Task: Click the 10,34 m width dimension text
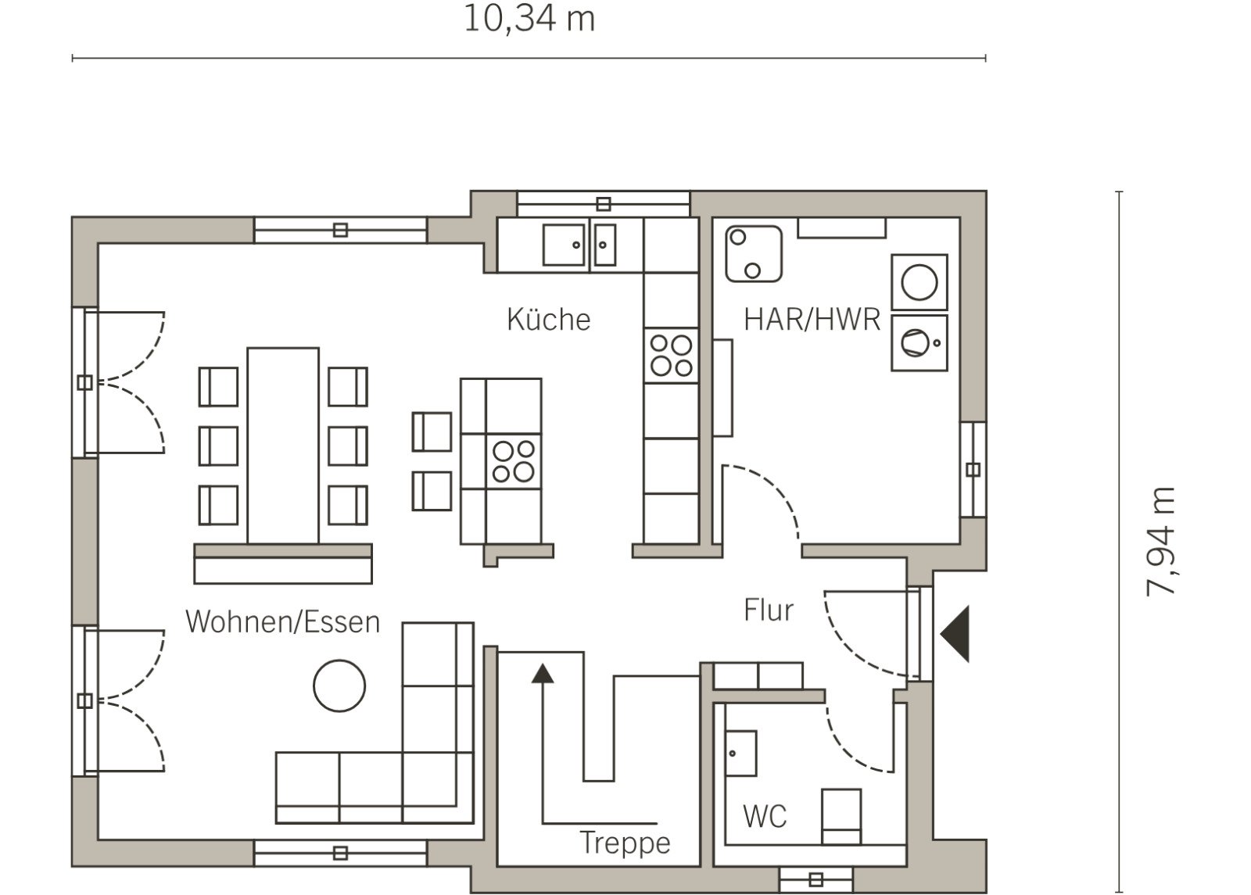(x=529, y=20)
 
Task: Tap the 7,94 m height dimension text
(x=1160, y=542)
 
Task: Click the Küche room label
(x=548, y=320)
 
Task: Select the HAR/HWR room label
(x=812, y=320)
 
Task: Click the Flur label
(x=769, y=610)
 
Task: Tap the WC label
(x=765, y=817)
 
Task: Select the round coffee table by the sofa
(x=339, y=686)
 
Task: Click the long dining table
(x=283, y=446)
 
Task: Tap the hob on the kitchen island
(x=514, y=461)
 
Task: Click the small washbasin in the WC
(x=740, y=754)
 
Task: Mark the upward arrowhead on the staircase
(x=543, y=673)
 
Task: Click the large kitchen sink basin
(x=564, y=245)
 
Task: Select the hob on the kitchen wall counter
(x=671, y=355)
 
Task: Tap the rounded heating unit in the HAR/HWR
(x=754, y=253)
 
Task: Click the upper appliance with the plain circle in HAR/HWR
(x=919, y=282)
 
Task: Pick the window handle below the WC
(x=816, y=880)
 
